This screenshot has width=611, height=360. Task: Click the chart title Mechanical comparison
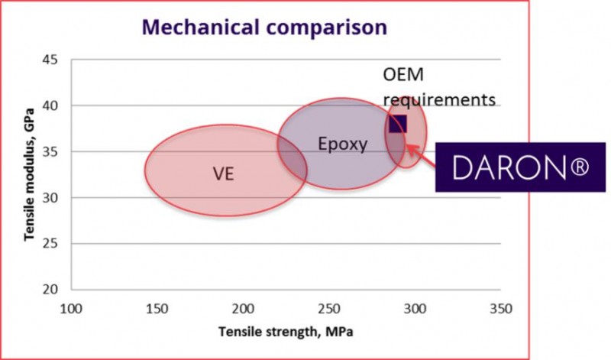[264, 28]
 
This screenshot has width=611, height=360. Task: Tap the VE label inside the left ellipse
[223, 174]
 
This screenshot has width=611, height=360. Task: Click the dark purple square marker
[398, 124]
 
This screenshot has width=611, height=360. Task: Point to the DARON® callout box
[520, 167]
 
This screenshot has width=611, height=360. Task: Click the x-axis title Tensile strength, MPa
[284, 333]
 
